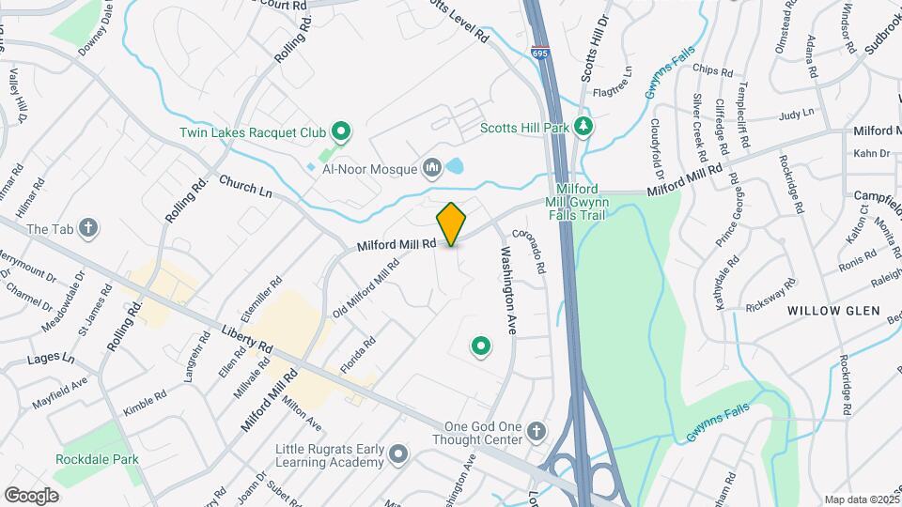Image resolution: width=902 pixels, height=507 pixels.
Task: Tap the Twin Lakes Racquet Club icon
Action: [342, 132]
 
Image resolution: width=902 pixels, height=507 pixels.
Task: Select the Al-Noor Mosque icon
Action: [432, 168]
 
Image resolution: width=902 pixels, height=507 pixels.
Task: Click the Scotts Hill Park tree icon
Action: [583, 127]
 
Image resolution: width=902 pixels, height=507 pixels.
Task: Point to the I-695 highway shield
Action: [539, 54]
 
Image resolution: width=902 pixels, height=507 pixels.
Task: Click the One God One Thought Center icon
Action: [536, 431]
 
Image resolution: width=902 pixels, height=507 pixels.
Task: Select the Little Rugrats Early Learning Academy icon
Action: [398, 454]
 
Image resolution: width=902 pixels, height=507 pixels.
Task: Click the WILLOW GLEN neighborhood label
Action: [833, 311]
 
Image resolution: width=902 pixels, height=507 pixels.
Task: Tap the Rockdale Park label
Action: [97, 460]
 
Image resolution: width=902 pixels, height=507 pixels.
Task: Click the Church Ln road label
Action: [245, 186]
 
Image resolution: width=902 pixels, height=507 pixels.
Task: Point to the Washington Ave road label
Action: [508, 292]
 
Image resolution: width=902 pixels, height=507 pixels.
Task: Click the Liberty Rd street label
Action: [247, 340]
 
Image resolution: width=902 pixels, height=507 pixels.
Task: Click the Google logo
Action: [32, 495]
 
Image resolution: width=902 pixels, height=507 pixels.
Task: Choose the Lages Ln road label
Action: [51, 359]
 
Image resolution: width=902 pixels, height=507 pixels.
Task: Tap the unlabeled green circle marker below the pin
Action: [481, 347]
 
